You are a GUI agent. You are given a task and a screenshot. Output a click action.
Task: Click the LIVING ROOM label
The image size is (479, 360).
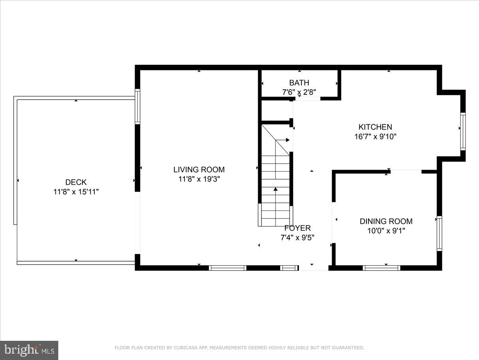coord(199,170)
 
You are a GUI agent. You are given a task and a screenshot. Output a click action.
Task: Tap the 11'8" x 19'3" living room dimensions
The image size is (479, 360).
coord(199,179)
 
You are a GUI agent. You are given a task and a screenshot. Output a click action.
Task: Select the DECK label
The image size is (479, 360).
coord(76,182)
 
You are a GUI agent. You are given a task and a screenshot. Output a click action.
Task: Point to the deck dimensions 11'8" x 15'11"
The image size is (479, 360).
coord(76,192)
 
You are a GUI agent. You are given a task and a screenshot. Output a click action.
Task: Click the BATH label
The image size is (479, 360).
coord(299,83)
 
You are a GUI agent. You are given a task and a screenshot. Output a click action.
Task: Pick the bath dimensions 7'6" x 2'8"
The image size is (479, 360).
coord(299,92)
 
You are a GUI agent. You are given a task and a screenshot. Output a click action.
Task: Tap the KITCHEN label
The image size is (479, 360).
coord(375,127)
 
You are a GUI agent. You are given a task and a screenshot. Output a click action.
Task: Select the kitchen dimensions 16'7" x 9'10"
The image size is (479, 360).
coord(375,136)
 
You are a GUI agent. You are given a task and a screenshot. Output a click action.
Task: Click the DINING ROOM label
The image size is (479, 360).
coord(386,221)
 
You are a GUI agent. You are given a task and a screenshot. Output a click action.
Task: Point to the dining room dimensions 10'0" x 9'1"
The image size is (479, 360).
coord(386,231)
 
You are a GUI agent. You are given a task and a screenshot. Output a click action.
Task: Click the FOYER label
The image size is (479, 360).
coord(297,228)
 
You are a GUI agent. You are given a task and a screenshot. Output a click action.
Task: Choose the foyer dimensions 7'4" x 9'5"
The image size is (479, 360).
coord(297,238)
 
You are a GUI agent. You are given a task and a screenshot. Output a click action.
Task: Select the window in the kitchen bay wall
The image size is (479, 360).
coord(463,131)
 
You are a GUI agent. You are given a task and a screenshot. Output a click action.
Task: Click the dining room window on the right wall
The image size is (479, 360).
coord(439,233)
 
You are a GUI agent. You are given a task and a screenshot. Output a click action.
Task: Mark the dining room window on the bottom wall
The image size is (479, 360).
coord(381,268)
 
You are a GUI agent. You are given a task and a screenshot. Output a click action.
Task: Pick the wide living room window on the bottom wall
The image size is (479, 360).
coord(228,268)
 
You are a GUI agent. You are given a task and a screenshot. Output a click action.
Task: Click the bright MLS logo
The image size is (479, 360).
coord(29,350)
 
